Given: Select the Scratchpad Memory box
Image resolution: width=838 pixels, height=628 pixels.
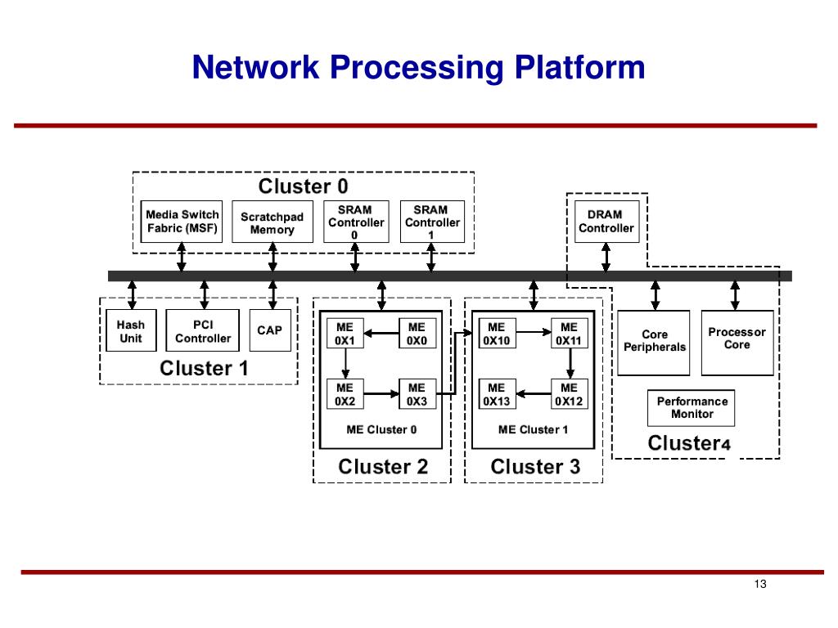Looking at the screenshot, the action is [273, 222].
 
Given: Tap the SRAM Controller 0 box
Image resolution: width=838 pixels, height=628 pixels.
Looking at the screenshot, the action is [357, 222].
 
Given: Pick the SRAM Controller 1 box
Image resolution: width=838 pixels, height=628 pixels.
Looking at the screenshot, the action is [432, 222].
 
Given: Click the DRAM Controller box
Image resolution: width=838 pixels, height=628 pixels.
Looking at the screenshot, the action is [606, 222].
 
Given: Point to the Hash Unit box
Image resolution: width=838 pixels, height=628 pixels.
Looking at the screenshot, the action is [131, 330].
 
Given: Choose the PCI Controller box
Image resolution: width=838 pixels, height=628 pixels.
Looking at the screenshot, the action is [203, 330].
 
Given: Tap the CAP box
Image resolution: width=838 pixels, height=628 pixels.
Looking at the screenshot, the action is [270, 330].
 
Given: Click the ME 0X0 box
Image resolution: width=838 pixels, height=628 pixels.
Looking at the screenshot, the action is [417, 334].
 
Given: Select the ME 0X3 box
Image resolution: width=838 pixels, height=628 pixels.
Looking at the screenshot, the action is [417, 394].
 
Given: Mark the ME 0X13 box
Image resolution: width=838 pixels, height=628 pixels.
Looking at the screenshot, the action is [497, 394].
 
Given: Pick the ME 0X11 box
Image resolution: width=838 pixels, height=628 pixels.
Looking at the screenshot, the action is [570, 334].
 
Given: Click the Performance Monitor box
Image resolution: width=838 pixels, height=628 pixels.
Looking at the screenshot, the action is [691, 408].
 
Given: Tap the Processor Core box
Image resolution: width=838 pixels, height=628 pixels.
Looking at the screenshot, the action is [737, 343].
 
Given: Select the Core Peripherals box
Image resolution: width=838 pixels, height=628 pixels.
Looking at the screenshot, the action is [654, 343].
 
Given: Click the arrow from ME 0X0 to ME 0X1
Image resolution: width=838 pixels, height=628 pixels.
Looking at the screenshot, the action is [381, 334].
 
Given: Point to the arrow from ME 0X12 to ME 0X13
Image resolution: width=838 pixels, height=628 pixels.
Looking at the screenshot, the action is [534, 394].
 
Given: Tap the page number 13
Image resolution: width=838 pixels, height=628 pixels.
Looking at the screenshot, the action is [760, 584].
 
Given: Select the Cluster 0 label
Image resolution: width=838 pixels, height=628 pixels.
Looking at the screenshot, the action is [303, 186].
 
